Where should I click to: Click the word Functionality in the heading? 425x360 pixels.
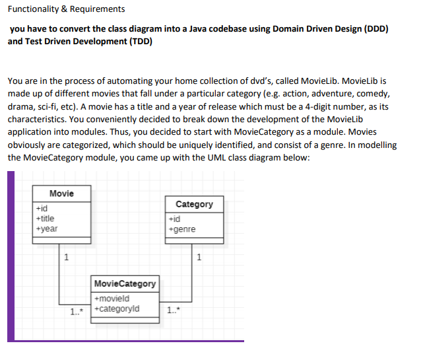[x=34, y=9]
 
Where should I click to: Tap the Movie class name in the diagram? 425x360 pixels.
[x=61, y=194]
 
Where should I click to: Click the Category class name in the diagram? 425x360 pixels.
[x=194, y=204]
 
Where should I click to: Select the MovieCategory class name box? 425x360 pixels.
[x=125, y=283]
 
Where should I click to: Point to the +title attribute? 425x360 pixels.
[x=46, y=218]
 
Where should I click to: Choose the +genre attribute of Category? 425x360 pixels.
[x=182, y=229]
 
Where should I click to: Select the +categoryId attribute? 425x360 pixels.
[x=117, y=308]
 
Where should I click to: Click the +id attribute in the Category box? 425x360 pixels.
[x=174, y=219]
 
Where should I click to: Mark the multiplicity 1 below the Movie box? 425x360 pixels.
[x=65, y=256]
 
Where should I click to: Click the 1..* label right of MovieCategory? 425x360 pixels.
[x=174, y=309]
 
